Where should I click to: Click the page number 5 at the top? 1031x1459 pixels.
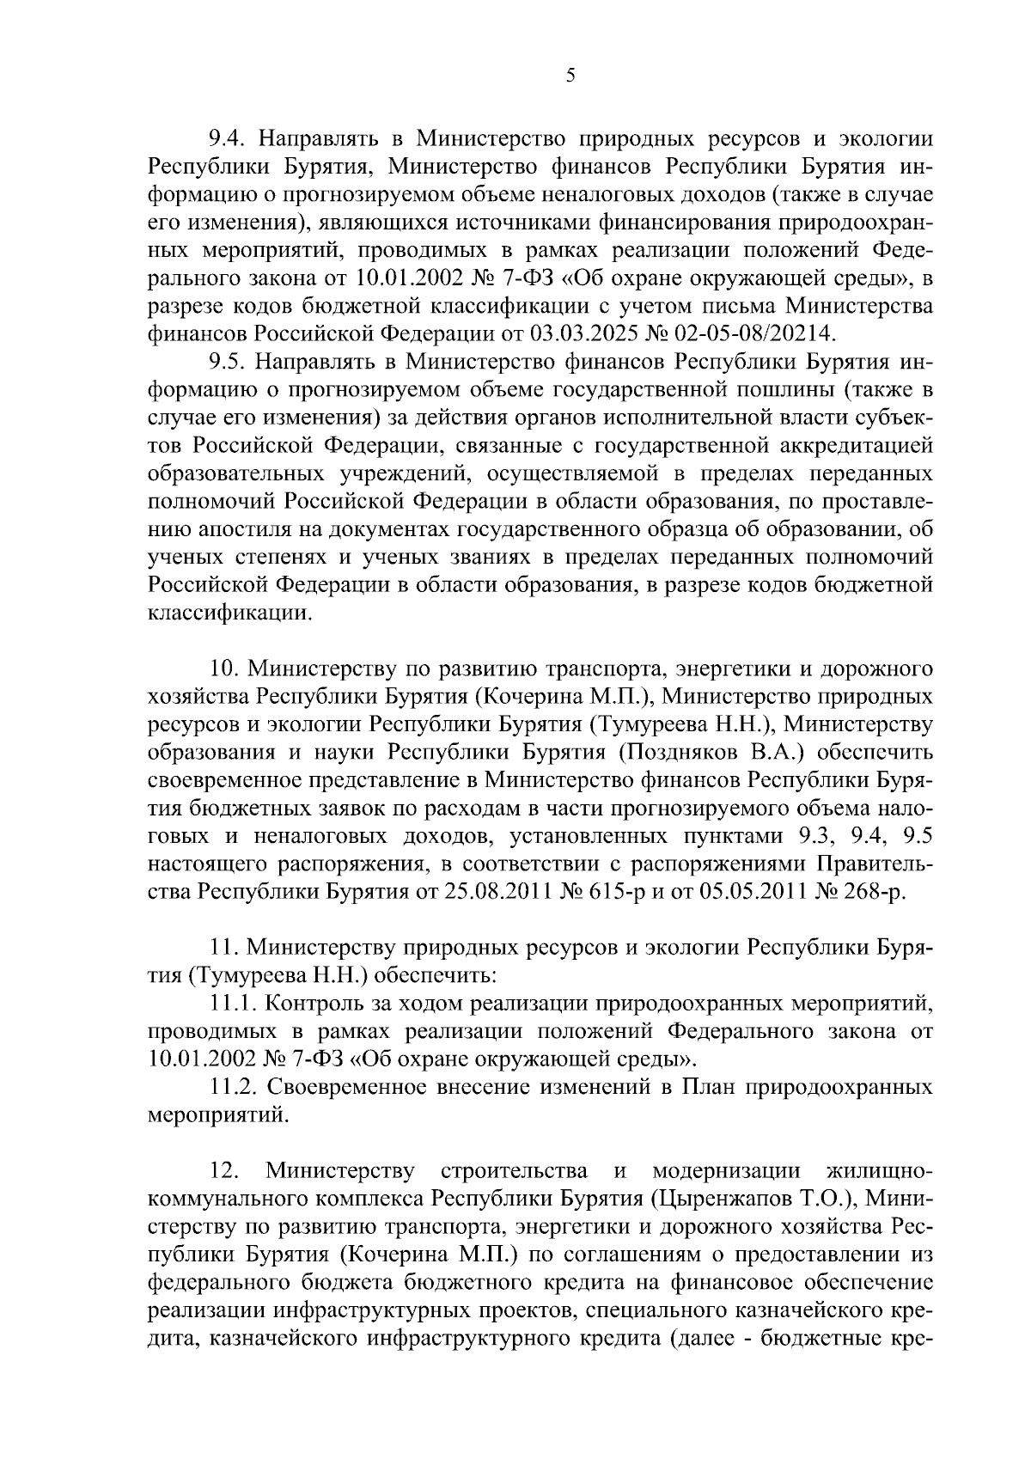pos(570,76)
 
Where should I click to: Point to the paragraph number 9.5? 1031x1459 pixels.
pos(229,361)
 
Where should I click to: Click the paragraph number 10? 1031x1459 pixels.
pos(224,668)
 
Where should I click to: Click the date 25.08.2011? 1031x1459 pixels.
pos(496,891)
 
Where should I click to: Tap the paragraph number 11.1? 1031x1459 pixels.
pos(235,1003)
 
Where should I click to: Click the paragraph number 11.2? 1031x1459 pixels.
pos(235,1087)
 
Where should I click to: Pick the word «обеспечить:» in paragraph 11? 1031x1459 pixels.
pos(436,975)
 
